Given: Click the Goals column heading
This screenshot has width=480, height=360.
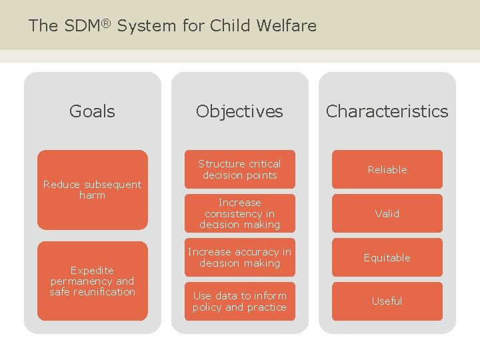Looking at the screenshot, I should (x=92, y=111).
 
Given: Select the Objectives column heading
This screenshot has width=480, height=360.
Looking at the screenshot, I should (x=239, y=111).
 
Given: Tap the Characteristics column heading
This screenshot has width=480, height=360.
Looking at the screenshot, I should (x=387, y=111).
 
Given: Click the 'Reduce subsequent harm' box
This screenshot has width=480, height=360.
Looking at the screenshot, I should (x=92, y=189).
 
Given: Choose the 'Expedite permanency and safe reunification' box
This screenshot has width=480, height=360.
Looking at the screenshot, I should (x=92, y=281).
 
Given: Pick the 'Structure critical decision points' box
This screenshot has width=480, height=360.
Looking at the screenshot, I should (x=239, y=169).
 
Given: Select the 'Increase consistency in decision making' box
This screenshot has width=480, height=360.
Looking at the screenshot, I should (x=239, y=213).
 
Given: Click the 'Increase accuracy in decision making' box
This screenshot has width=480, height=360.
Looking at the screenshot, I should (x=239, y=257).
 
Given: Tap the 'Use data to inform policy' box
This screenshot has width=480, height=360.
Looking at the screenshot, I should (x=239, y=301).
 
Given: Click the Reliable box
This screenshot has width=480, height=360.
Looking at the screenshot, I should (x=387, y=169).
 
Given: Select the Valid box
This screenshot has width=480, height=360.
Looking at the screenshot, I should (x=387, y=213).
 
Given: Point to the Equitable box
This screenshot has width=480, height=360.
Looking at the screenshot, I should (x=387, y=257).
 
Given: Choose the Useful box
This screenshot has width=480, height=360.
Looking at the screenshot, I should (x=387, y=301).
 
